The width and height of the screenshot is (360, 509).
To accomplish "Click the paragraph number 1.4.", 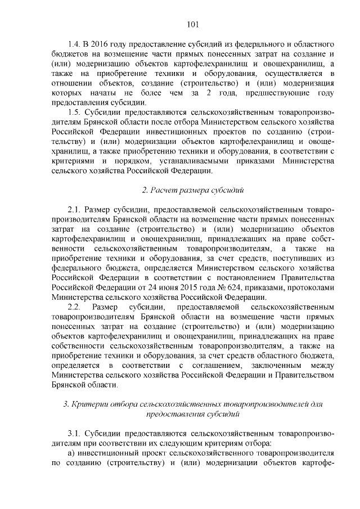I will click(74, 44).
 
